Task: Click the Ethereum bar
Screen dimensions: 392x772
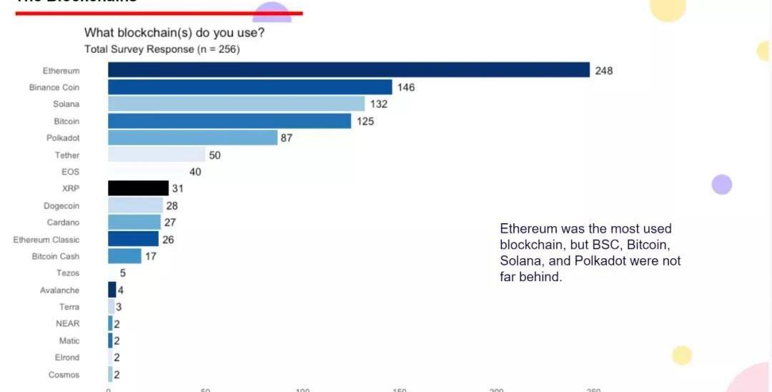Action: pyautogui.click(x=349, y=70)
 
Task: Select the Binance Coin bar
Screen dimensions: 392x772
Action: pyautogui.click(x=250, y=87)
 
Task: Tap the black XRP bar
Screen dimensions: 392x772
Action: pyautogui.click(x=138, y=188)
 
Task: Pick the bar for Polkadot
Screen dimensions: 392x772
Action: pyautogui.click(x=192, y=138)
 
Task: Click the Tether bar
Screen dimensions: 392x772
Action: pyautogui.click(x=157, y=155)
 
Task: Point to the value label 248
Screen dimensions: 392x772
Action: pyautogui.click(x=604, y=71)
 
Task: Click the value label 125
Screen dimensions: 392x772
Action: pyautogui.click(x=365, y=122)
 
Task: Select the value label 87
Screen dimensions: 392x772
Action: pyautogui.click(x=287, y=138)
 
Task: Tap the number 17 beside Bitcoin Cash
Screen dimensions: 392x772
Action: pyautogui.click(x=152, y=256)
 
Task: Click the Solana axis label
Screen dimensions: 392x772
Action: pyautogui.click(x=66, y=104)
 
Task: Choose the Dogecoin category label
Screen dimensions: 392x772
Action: pyautogui.click(x=61, y=206)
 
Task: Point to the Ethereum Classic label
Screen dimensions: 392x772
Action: pyautogui.click(x=46, y=240)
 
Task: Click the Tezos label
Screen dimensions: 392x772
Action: pyautogui.click(x=68, y=273)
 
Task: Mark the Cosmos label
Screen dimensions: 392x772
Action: pyautogui.click(x=64, y=375)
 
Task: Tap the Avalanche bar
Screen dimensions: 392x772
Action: pyautogui.click(x=112, y=290)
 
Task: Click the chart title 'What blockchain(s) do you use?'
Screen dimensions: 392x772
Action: pyautogui.click(x=175, y=33)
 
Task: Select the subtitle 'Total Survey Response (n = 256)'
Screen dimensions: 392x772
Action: pyautogui.click(x=162, y=49)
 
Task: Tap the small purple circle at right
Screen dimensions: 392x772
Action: pyautogui.click(x=722, y=185)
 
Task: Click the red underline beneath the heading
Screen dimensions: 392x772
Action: pyautogui.click(x=159, y=13)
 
